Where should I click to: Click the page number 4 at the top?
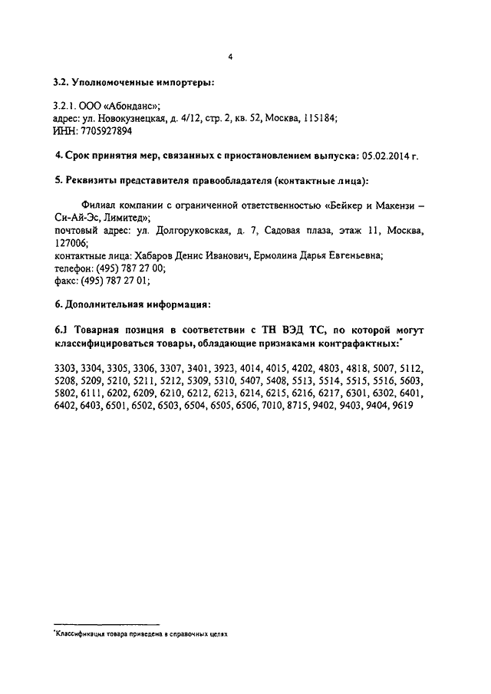[229, 56]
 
